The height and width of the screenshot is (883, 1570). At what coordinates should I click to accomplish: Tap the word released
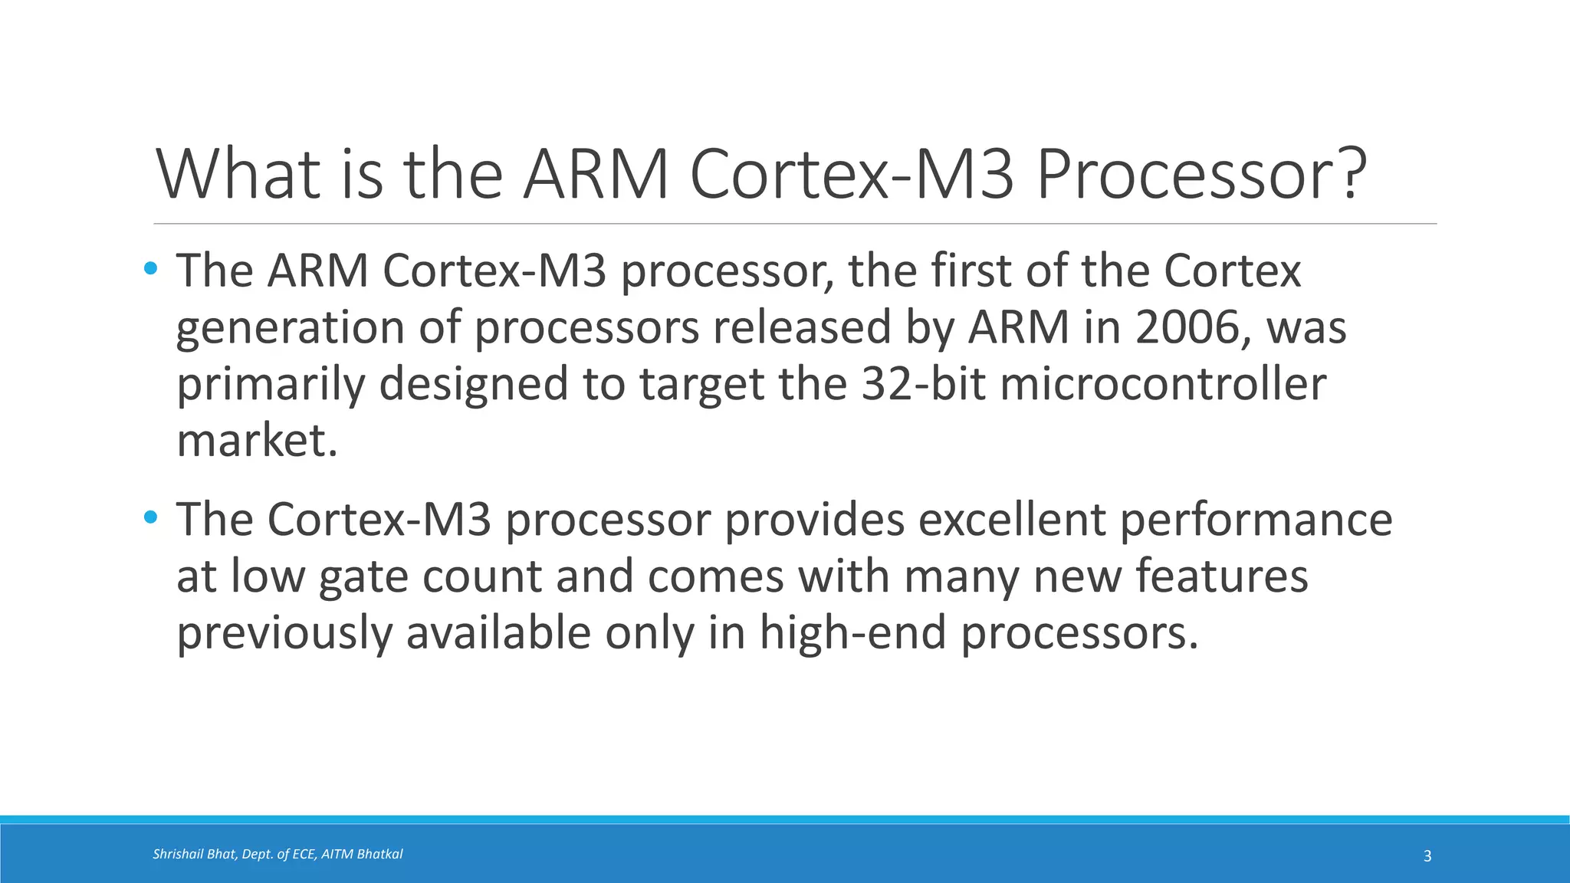coord(802,327)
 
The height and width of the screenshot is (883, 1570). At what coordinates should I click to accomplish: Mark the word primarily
coord(271,386)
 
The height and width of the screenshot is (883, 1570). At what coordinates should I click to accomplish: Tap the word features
coord(1221,576)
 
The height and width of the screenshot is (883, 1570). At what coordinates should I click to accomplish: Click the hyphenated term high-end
coord(852,634)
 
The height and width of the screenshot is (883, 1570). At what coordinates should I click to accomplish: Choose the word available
coord(498,634)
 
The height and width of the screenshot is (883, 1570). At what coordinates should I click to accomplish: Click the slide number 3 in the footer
coord(1427,856)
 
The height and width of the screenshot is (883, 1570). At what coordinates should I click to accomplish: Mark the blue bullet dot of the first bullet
coord(150,269)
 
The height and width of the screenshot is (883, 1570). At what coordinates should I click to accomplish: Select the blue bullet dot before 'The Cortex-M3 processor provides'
coord(150,518)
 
